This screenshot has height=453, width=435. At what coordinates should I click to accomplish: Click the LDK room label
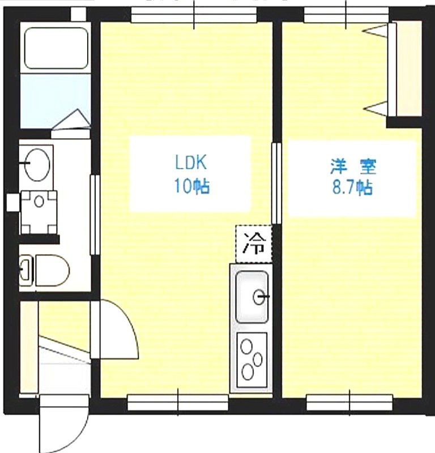click(191, 163)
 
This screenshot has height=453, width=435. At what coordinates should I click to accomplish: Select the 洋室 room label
click(353, 166)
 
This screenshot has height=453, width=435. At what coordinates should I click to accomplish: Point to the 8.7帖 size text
click(352, 188)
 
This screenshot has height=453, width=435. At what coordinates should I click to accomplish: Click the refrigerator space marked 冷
click(254, 244)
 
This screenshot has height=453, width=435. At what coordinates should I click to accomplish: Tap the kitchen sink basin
click(252, 297)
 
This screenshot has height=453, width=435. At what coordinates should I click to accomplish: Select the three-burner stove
click(251, 360)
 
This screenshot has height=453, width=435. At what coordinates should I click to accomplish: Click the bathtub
click(56, 48)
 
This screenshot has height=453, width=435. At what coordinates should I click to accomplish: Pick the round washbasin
click(37, 164)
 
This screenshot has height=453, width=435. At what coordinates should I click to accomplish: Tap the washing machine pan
click(39, 212)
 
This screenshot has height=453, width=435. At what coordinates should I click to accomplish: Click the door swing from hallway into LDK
click(115, 330)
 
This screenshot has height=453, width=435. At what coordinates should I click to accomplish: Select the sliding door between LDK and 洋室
click(276, 183)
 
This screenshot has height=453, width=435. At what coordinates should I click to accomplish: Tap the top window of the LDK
click(194, 15)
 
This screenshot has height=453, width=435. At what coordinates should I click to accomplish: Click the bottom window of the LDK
click(178, 403)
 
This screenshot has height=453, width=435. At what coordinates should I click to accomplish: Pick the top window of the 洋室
click(346, 15)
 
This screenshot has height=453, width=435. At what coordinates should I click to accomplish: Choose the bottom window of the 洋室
click(349, 403)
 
